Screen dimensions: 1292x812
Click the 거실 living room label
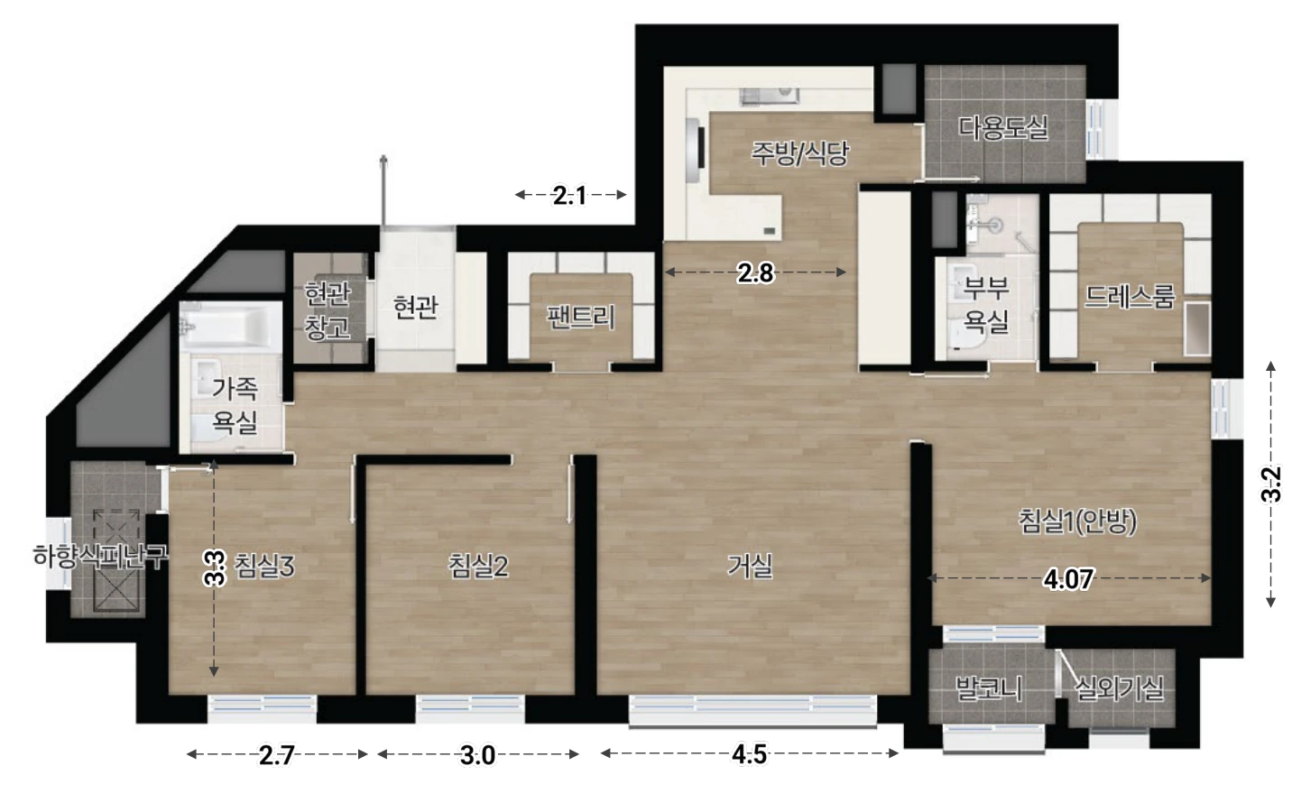pos(749,567)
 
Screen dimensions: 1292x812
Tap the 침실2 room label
pos(478,567)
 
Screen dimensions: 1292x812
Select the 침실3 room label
pos(264,567)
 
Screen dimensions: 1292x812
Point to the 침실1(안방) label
pos(1077,521)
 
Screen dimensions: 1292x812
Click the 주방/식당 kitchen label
pos(800,153)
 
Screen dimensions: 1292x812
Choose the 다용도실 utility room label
pos(1003,127)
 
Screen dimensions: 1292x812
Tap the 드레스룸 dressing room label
pos(1130,297)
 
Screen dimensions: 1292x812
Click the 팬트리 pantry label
pos(581,317)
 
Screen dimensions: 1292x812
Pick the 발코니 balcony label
pos(989,688)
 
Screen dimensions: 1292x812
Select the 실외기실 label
pos(1119,688)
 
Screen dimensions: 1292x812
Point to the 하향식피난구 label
pos(101,557)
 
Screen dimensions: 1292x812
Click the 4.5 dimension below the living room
pos(749,754)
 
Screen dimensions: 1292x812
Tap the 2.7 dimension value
pos(277,755)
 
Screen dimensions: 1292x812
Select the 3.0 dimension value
pos(477,755)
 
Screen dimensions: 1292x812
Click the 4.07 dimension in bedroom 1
pos(1068,579)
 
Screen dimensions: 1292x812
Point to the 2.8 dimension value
pos(755,273)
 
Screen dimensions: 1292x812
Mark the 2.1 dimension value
pos(569,196)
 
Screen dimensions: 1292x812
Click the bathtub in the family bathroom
pos(230,326)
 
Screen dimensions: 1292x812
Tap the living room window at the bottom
pos(752,710)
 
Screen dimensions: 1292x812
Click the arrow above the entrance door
pos(383,190)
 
